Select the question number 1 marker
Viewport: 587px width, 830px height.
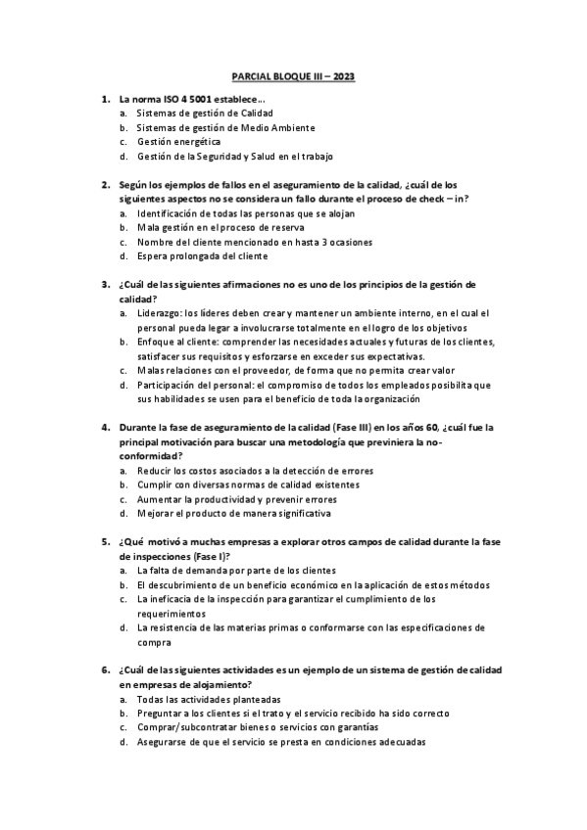click(105, 100)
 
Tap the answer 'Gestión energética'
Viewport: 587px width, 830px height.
click(178, 142)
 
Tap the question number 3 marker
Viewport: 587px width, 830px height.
click(105, 285)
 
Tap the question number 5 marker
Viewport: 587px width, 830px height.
click(105, 541)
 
